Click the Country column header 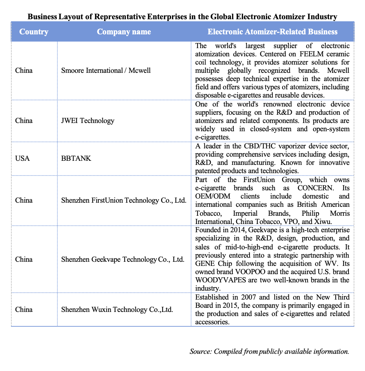34,32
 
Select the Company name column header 124,32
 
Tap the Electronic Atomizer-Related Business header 272,32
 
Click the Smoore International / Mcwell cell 106,70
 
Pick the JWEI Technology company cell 88,121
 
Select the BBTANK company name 76,159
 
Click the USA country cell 22,159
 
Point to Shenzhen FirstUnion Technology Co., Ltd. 124,200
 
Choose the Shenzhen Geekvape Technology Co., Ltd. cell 123,259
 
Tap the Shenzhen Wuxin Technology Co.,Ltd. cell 117,310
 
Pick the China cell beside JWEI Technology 24,121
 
